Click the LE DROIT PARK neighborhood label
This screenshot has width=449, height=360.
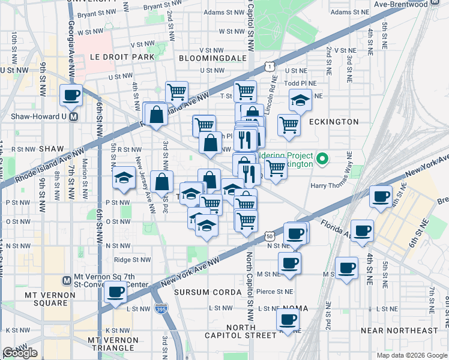[x=122, y=56]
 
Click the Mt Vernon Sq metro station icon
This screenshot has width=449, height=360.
[x=67, y=280]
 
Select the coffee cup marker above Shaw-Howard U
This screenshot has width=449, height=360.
[x=71, y=94]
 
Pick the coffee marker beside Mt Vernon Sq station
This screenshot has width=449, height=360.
[x=115, y=292]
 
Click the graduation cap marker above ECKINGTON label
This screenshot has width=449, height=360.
[x=300, y=100]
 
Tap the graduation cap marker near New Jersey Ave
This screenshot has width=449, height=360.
[x=124, y=178]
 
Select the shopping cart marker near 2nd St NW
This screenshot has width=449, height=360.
[x=177, y=92]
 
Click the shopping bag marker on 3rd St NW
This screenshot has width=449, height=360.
[x=162, y=181]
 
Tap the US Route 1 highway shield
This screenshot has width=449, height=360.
[x=271, y=65]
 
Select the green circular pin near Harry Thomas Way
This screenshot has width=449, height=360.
[x=322, y=159]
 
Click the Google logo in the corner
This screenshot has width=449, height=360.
[x=20, y=353]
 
